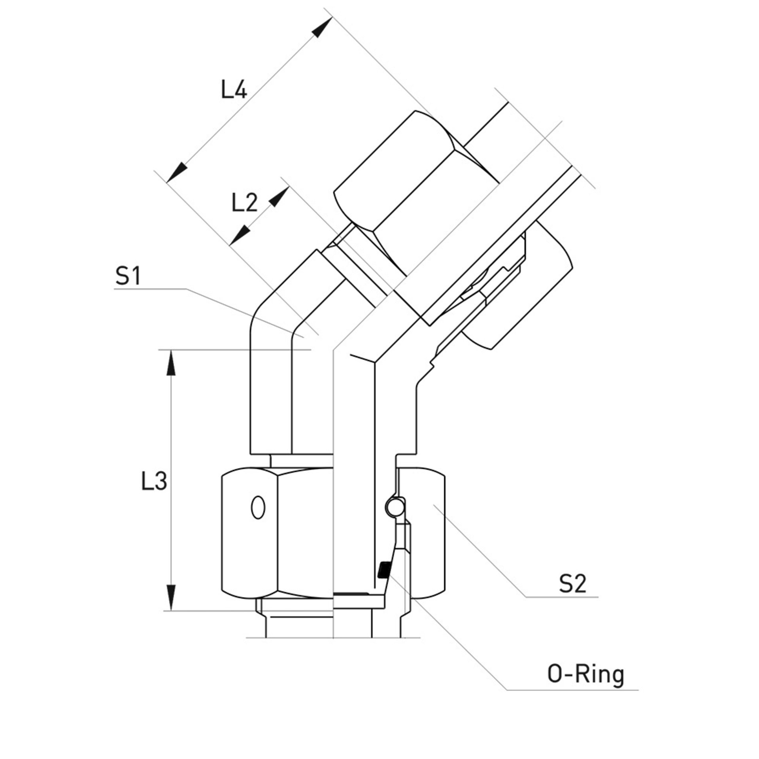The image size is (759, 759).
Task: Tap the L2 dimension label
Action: (245, 203)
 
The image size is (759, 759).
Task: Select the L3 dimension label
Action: (154, 481)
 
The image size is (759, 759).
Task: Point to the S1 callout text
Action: (128, 277)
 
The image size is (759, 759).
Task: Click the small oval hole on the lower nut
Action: (258, 507)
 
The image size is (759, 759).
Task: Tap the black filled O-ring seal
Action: (383, 570)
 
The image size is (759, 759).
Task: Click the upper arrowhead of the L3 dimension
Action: (171, 362)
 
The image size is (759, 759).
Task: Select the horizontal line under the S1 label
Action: (150, 289)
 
